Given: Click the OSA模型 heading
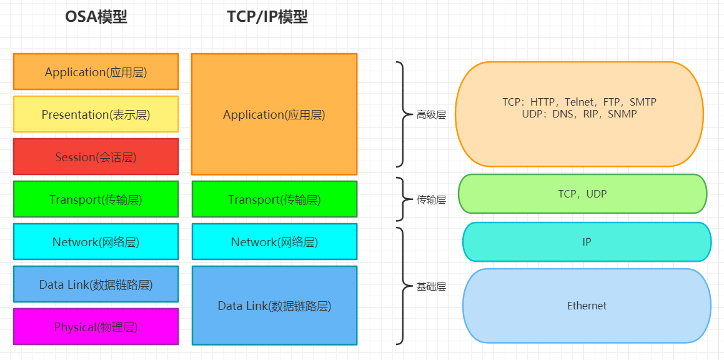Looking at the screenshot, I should coord(96,17).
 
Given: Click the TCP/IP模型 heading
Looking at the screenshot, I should coord(267,17).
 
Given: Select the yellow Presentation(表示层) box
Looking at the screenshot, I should coord(96,114).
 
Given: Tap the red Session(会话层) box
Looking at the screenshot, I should coord(96,157).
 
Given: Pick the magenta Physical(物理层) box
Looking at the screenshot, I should coord(96,327).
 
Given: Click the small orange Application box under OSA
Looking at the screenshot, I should coord(96,72).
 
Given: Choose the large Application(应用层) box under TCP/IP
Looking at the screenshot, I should coord(274,114).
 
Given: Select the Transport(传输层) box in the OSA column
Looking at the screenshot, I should coord(96,199).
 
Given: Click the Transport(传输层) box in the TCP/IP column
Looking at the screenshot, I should coord(274,199).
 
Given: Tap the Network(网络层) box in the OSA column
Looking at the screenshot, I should coord(96,242).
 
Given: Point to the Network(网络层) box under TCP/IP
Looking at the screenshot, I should coord(274,242).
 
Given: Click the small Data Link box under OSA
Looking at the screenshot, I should coord(96,284).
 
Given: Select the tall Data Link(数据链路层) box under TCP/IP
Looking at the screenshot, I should coord(274,306).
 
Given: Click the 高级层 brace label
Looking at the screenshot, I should coord(431,115).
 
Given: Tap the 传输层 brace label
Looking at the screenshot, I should coord(431,200).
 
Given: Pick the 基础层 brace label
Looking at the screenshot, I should coord(431,287).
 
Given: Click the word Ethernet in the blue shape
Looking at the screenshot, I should coord(587,306).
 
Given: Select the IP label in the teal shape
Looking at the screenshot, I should coord(587,242).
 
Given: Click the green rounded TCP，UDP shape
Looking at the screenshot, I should coord(582,194).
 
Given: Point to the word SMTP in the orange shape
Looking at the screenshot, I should coord(643,102).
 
